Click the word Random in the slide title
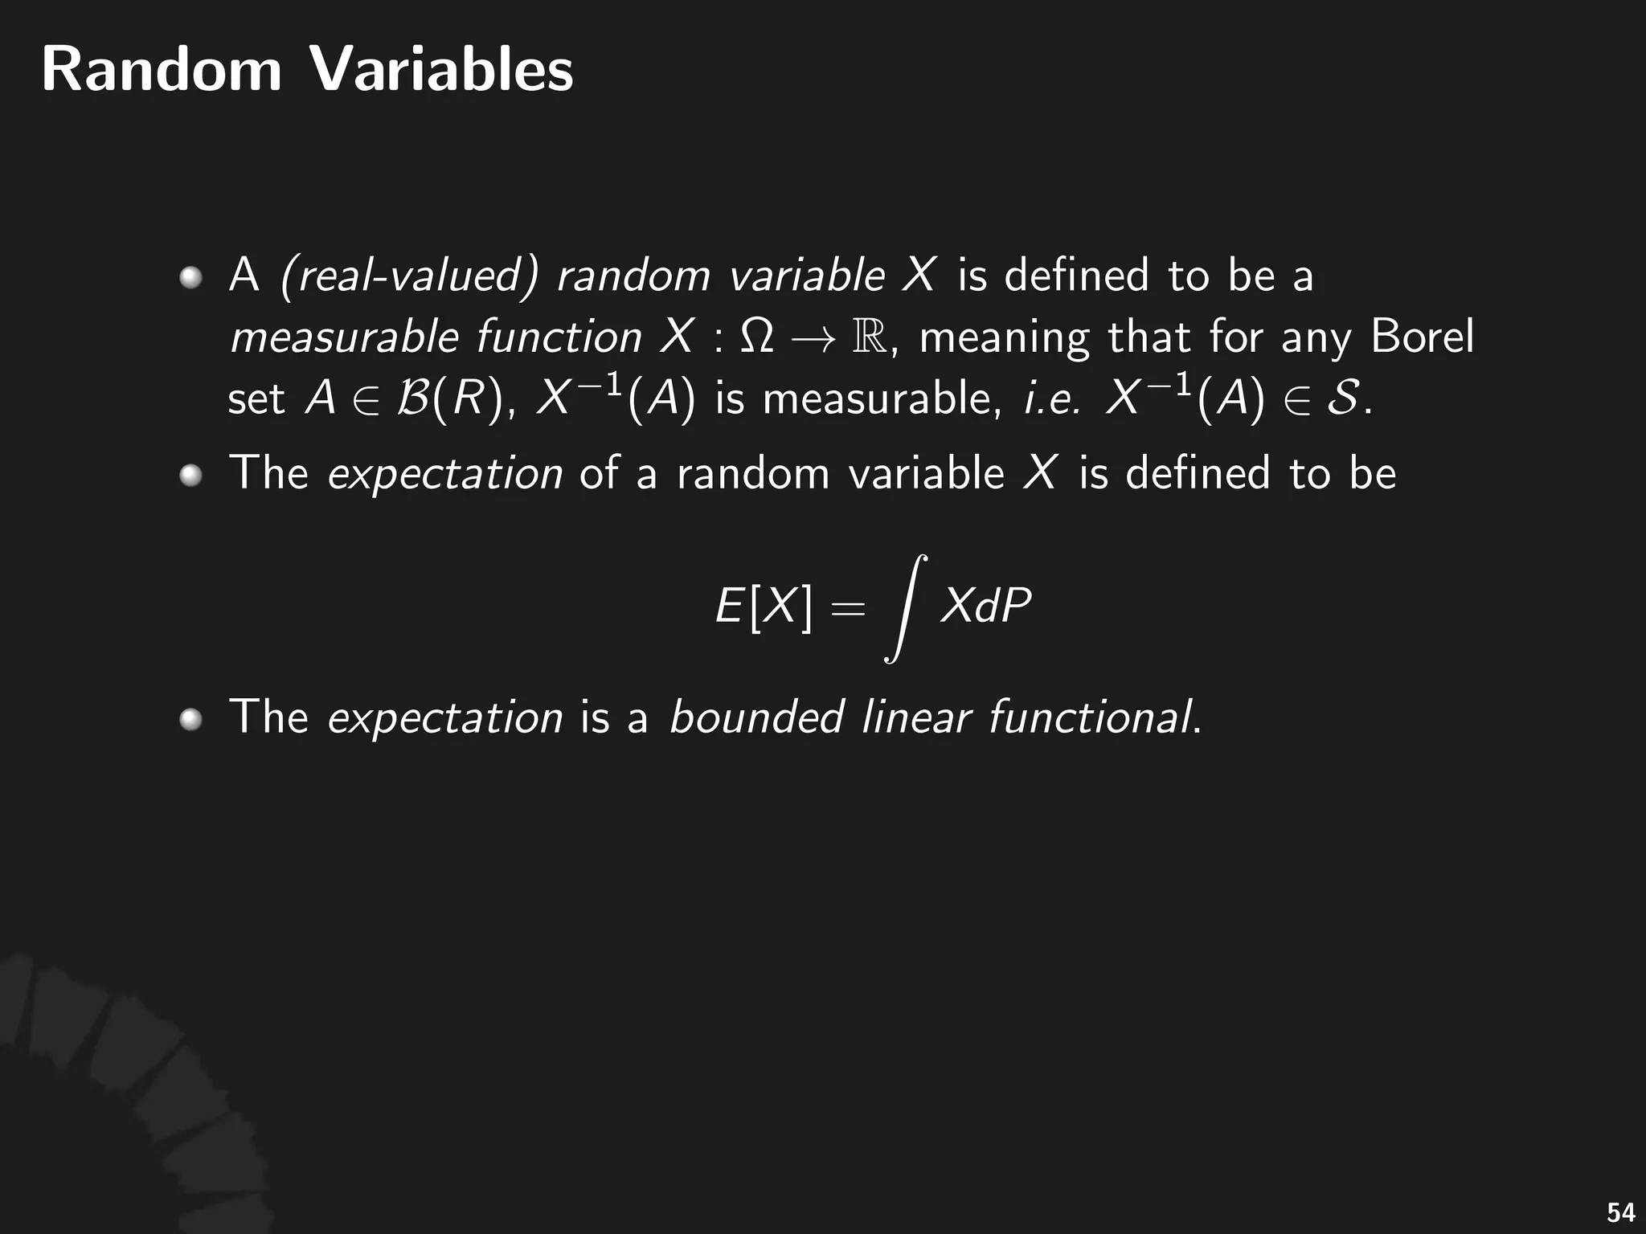[162, 70]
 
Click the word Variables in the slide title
[441, 70]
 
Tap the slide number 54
[1620, 1212]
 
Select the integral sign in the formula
[906, 608]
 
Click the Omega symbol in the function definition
[756, 337]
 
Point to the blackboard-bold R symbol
[870, 337]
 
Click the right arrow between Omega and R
[813, 338]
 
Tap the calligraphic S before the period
[1343, 398]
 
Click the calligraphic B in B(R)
[413, 398]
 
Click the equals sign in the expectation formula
[848, 608]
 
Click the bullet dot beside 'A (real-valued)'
[190, 278]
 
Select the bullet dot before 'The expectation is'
[190, 719]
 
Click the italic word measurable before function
[344, 337]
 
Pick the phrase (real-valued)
[409, 276]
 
